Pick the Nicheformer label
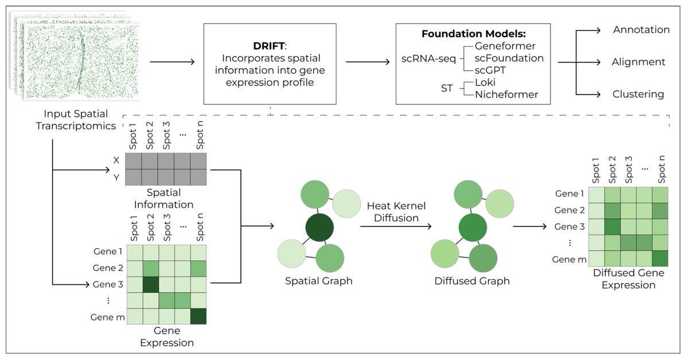[x=507, y=95]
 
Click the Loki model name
[x=486, y=82]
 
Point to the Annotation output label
[x=641, y=29]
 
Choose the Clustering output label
[x=639, y=94]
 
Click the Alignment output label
[x=639, y=62]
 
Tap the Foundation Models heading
[x=473, y=33]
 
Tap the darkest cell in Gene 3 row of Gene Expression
[x=151, y=284]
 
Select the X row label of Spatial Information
[x=116, y=161]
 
